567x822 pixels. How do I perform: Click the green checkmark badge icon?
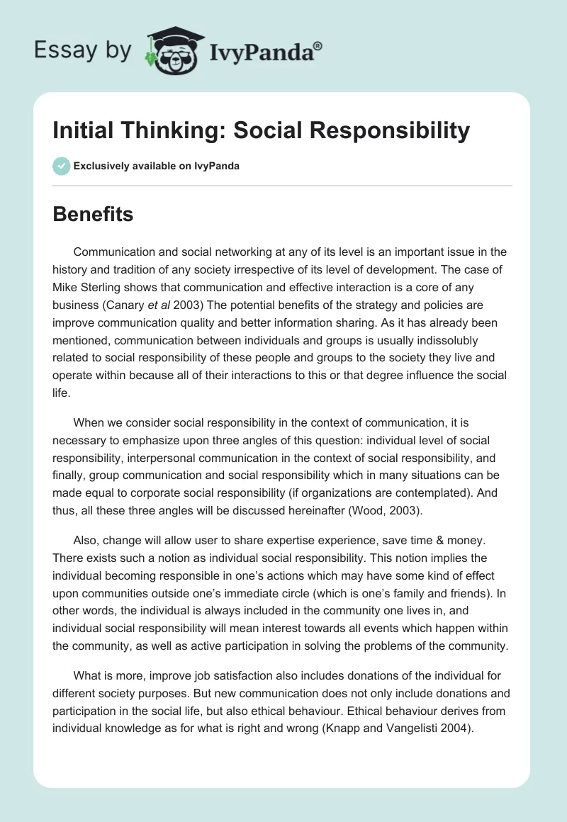(61, 166)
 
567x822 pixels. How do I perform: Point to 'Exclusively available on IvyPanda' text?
(156, 167)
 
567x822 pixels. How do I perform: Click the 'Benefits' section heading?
(93, 214)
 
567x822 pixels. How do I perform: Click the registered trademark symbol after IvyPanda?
(318, 45)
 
